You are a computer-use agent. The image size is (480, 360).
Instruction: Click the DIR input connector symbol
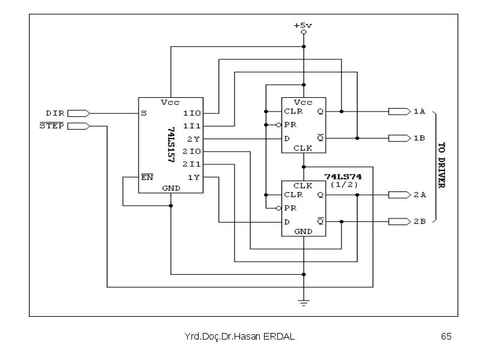click(79, 113)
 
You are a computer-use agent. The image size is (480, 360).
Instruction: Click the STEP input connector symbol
click(79, 126)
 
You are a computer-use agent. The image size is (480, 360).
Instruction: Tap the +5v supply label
click(303, 25)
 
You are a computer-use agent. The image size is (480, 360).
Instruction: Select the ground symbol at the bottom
click(304, 303)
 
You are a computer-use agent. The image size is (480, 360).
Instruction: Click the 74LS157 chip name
click(171, 145)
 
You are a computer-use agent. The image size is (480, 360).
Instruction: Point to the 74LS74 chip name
click(343, 176)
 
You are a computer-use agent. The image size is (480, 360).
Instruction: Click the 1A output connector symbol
click(400, 112)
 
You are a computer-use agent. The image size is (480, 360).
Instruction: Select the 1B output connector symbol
click(400, 139)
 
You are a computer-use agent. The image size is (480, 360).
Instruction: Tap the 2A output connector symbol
click(400, 194)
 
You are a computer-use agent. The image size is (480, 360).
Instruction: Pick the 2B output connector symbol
click(400, 221)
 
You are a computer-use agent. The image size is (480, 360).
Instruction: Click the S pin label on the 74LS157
click(143, 113)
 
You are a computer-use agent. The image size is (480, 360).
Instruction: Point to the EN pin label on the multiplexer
click(147, 177)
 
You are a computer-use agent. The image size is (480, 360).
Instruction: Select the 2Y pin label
click(193, 139)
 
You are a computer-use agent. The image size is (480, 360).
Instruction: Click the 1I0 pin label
click(191, 113)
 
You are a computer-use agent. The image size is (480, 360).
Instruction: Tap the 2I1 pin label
click(191, 164)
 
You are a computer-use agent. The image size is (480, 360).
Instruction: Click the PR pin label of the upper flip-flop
click(290, 125)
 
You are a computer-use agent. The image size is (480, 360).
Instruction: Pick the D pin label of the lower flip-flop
click(287, 222)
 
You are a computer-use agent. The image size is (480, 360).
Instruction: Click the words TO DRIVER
click(442, 166)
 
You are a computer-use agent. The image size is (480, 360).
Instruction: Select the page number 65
click(446, 337)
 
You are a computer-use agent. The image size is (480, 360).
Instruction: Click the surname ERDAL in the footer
click(279, 337)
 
